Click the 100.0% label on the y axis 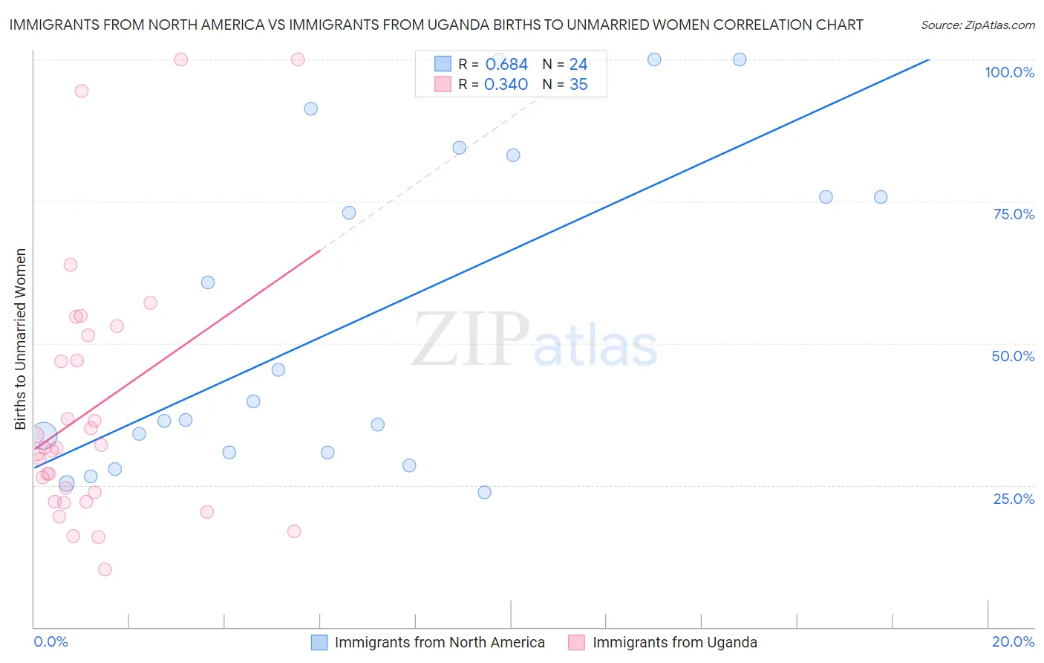(1009, 72)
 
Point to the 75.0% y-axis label (1014, 214)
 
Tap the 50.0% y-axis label (1013, 356)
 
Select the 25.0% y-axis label (1014, 499)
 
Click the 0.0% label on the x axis (50, 641)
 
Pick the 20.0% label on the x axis (1013, 641)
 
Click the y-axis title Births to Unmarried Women (21, 339)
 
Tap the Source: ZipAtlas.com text (977, 25)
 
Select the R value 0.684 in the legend (506, 65)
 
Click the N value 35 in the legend (578, 85)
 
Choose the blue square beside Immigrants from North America (319, 642)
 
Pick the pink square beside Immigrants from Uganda (576, 642)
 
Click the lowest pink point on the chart (105, 569)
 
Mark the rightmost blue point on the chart (881, 197)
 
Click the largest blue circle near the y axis (44, 436)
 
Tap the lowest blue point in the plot (484, 492)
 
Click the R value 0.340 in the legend (506, 85)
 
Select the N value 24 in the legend (578, 65)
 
